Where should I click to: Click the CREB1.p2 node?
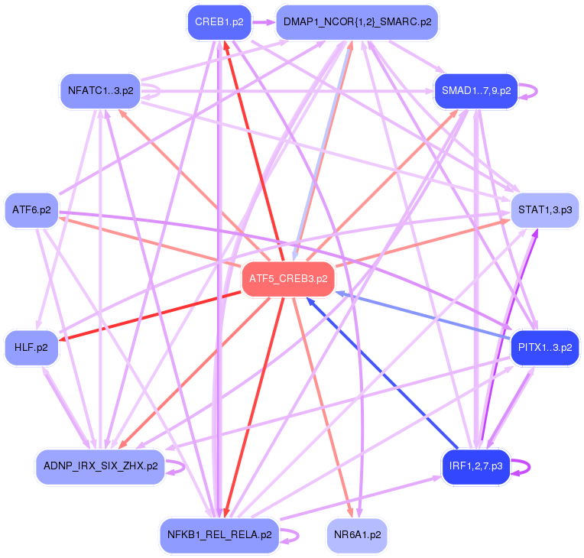coord(219,22)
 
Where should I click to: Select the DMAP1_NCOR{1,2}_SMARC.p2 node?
coord(357,22)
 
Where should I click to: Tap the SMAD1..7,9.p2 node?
coord(476,91)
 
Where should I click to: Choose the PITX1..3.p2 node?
coord(544,348)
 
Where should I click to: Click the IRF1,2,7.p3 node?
coord(475,466)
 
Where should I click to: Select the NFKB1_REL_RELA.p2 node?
coord(219,535)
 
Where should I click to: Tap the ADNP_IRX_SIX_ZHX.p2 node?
coord(100,466)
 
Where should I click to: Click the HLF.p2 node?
coord(31,348)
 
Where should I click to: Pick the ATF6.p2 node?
coord(31,209)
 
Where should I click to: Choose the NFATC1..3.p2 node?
coord(100,91)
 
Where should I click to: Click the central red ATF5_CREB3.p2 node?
coord(288,279)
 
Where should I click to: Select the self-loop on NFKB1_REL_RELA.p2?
coord(297,536)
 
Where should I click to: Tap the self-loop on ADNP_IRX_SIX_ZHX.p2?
coord(183,466)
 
